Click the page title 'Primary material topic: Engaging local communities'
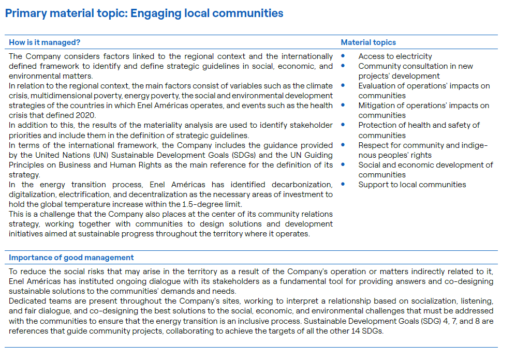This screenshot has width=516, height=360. tap(144, 13)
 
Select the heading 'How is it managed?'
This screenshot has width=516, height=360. tap(45, 42)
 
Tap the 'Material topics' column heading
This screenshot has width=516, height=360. tap(368, 42)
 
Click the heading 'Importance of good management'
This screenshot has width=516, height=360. tap(71, 258)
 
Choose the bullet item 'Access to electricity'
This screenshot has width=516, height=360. tap(395, 56)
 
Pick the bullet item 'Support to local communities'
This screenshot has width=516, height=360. tap(412, 185)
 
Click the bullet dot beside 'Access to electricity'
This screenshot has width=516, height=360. tap(343, 56)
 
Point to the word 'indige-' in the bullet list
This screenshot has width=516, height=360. tap(473, 145)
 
